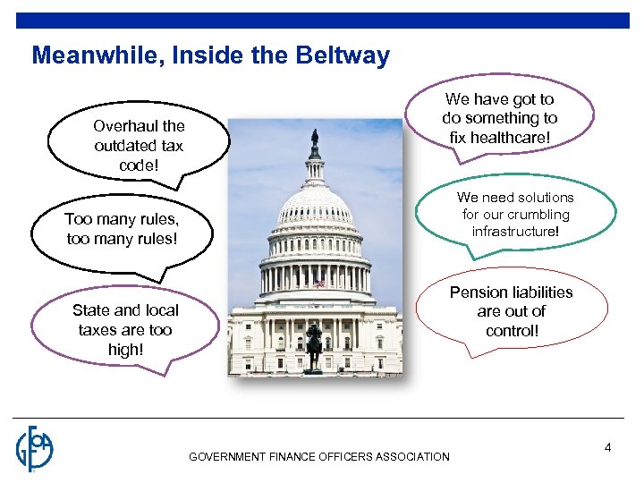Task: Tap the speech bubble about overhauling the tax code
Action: click(x=139, y=145)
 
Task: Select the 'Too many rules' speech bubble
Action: click(x=122, y=230)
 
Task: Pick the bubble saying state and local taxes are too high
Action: click(x=125, y=329)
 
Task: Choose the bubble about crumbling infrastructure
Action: click(x=515, y=215)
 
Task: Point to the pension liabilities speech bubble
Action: click(x=511, y=311)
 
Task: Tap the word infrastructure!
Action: click(x=515, y=232)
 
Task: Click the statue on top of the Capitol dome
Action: click(x=314, y=140)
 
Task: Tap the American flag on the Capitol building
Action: click(x=318, y=284)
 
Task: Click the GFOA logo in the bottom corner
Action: click(x=35, y=448)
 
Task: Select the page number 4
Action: click(x=607, y=447)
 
